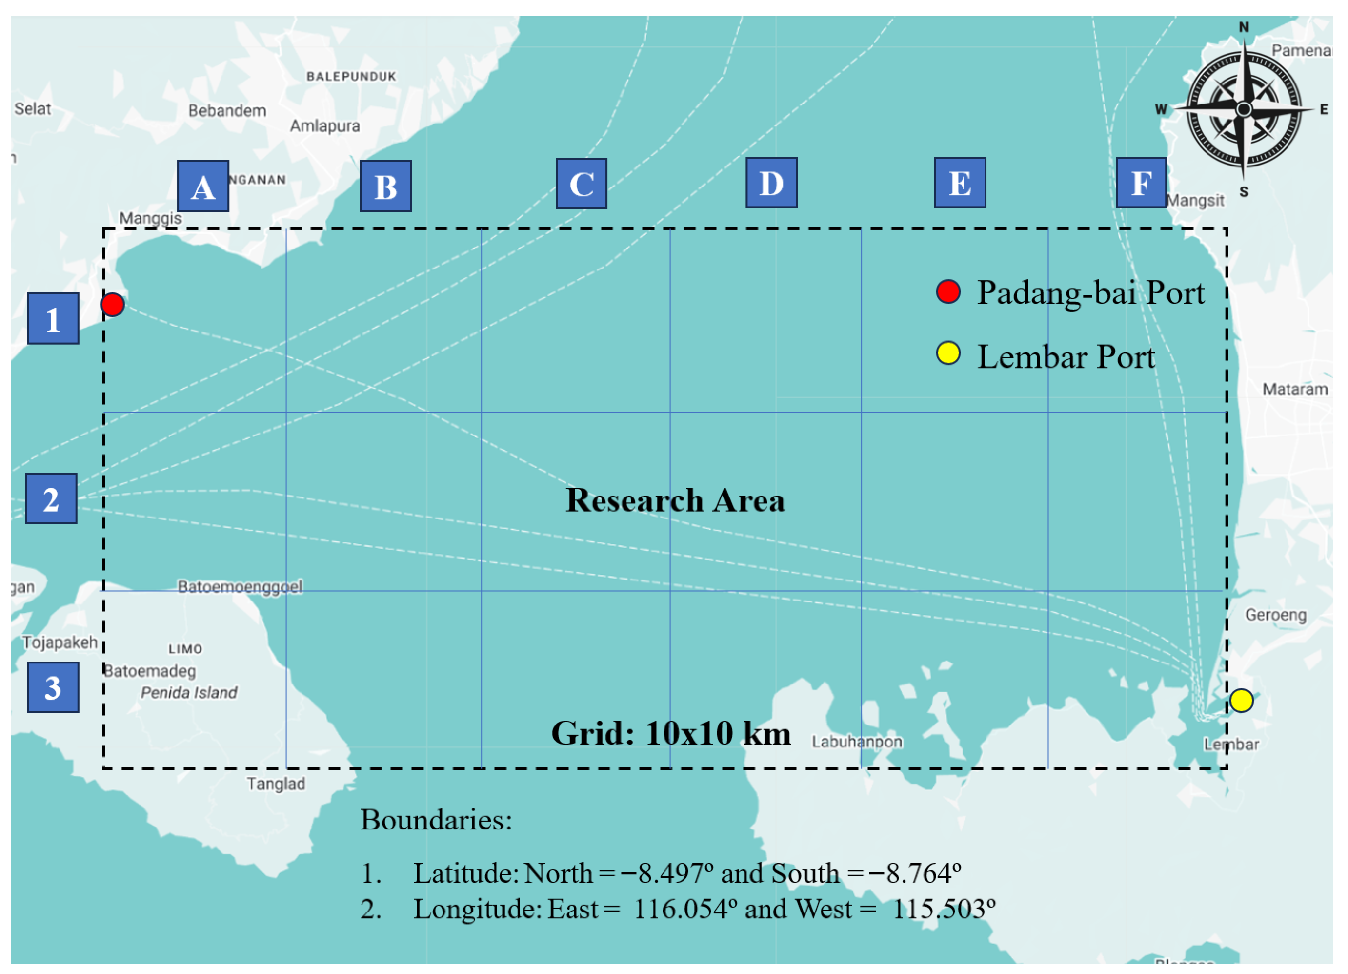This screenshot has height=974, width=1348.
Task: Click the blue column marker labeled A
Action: click(202, 186)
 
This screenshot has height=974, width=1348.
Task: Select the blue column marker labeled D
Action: click(771, 183)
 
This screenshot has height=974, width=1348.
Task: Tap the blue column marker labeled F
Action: click(1141, 183)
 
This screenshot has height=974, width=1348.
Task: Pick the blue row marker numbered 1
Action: click(53, 318)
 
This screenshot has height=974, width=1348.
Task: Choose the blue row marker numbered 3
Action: click(53, 687)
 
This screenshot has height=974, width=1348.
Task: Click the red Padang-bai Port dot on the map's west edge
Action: click(112, 305)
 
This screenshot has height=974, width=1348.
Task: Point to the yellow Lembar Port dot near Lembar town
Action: click(1241, 701)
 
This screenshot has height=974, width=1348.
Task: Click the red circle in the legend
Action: click(948, 292)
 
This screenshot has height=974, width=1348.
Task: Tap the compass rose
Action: click(1244, 110)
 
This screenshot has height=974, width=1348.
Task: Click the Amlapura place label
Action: click(324, 126)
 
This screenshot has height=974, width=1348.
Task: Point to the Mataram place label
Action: click(1294, 390)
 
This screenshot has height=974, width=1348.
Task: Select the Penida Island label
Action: click(189, 693)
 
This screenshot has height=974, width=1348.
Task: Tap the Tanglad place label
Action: click(276, 784)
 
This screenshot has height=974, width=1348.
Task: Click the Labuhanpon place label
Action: click(857, 742)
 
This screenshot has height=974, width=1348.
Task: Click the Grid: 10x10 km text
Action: click(671, 733)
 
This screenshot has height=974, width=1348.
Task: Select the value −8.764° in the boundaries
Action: click(915, 873)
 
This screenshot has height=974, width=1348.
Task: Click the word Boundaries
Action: click(436, 820)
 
